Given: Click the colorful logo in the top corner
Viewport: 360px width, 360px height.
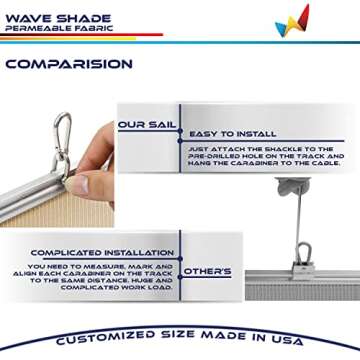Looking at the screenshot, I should tap(292, 21).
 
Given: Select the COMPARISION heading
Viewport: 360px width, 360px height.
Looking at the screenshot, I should tap(68, 64).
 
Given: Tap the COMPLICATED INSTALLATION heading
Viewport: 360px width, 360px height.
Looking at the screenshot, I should tap(93, 253).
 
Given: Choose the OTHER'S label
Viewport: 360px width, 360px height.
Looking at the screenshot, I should tap(207, 271).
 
